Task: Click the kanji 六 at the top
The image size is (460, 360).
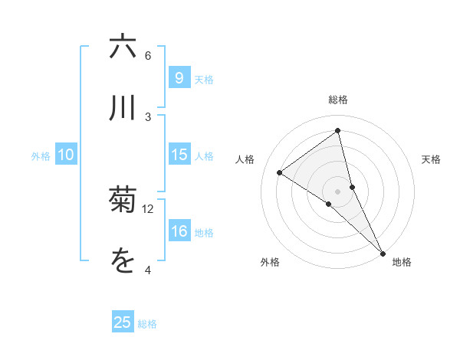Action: tap(123, 47)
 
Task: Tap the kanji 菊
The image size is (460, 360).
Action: tap(123, 201)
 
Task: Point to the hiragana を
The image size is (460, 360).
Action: tap(123, 261)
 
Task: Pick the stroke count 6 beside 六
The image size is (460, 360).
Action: tap(148, 56)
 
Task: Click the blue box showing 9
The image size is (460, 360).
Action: tap(179, 78)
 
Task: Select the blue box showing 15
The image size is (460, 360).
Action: tap(179, 155)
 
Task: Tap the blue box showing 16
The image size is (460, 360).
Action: tap(179, 232)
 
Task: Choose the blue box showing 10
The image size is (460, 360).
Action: tap(66, 155)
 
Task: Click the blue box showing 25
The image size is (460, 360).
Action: tap(123, 322)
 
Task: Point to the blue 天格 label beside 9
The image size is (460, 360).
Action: tap(204, 79)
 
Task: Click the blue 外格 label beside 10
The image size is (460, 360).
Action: tap(41, 156)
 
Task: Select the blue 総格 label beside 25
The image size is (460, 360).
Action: tap(147, 324)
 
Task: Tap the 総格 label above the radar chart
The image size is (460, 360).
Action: tap(338, 100)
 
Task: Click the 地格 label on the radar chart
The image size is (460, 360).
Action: tap(402, 262)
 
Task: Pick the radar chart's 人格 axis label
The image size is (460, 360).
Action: tap(245, 159)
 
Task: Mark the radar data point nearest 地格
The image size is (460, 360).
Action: tap(383, 253)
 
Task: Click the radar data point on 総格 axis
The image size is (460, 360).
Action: tap(338, 130)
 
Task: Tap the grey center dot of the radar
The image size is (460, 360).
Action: tap(338, 191)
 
